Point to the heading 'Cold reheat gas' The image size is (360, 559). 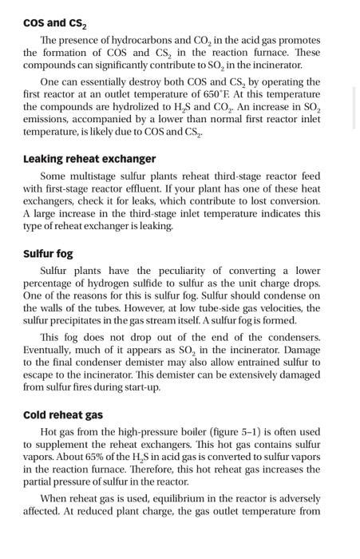coord(63,414)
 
